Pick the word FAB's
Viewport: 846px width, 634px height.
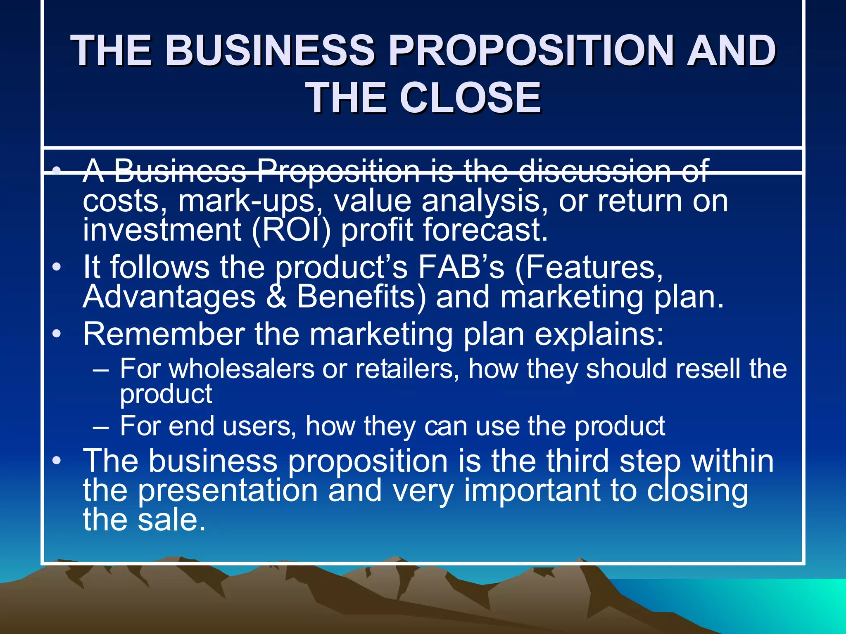[x=461, y=267]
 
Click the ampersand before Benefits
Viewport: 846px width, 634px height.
[x=276, y=297]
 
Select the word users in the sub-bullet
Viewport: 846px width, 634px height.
[x=259, y=426]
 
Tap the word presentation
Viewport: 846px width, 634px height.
[x=228, y=490]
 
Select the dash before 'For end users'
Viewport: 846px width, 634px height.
[x=101, y=427]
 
